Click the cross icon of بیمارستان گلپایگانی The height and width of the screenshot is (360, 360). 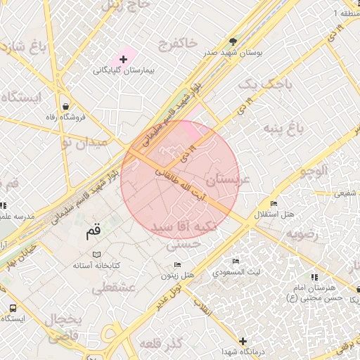point(124,60)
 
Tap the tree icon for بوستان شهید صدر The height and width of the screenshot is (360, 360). point(233,41)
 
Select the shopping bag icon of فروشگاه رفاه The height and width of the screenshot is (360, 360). point(65,107)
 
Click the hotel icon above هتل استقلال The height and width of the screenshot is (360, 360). point(274,203)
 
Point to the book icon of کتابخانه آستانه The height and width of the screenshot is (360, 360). point(97,254)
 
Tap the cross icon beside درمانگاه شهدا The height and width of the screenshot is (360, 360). point(243,340)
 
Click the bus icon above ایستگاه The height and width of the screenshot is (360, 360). point(13,308)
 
